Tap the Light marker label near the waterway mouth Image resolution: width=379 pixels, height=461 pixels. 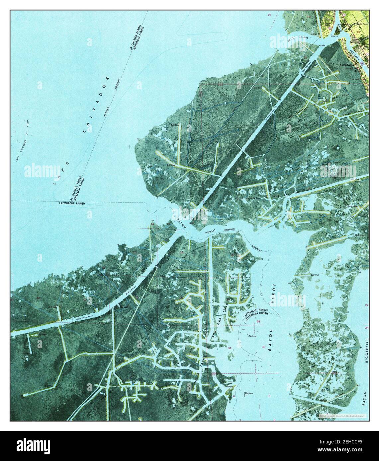click(322, 45)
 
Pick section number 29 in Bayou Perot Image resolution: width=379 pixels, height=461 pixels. click(258, 322)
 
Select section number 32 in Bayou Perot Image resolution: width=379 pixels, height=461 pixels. click(263, 347)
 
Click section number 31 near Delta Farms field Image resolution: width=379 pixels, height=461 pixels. click(230, 348)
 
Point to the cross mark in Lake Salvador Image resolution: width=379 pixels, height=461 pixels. click(129, 147)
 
